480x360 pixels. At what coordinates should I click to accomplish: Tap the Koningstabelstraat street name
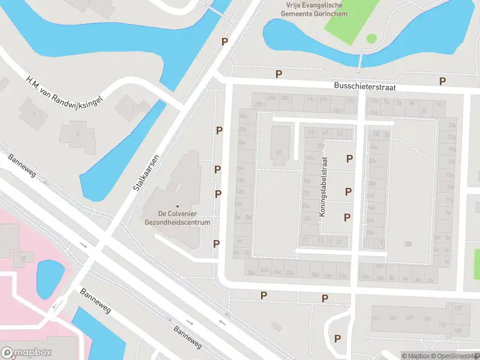pyautogui.click(x=325, y=187)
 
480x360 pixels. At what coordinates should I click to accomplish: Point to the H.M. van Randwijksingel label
pyautogui.click(x=65, y=91)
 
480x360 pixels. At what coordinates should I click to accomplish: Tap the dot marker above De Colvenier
pyautogui.click(x=177, y=206)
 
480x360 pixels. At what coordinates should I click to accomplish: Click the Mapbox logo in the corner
pyautogui.click(x=26, y=353)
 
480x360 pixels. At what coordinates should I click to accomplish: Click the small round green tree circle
pyautogui.click(x=371, y=38)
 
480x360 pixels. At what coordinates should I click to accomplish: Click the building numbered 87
pyautogui.click(x=279, y=152)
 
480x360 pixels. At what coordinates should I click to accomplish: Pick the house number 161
pyautogui.click(x=376, y=318)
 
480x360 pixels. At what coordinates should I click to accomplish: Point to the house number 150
pyautogui.click(x=457, y=331)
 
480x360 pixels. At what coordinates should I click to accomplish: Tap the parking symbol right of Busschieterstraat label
pyautogui.click(x=443, y=82)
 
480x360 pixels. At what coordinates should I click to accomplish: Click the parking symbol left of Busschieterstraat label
pyautogui.click(x=278, y=74)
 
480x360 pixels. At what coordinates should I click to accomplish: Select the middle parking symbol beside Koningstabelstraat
pyautogui.click(x=348, y=191)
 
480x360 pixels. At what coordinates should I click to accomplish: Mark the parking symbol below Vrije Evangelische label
pyautogui.click(x=225, y=41)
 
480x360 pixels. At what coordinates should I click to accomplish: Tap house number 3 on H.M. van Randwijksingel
pyautogui.click(x=77, y=134)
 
